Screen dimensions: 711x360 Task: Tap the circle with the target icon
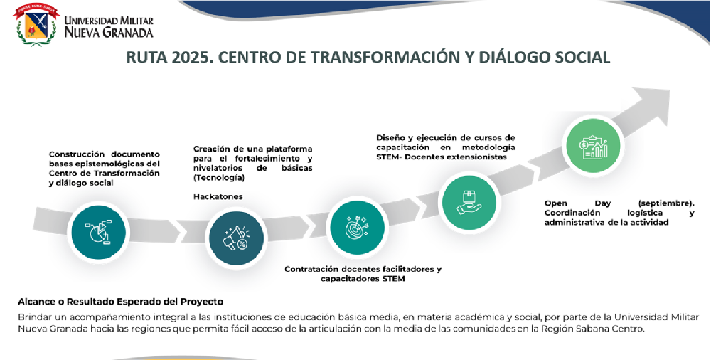[358, 226]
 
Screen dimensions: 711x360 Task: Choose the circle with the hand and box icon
[469, 202]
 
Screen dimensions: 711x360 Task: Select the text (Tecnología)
[218, 178]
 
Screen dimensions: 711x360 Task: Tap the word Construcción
[76, 154]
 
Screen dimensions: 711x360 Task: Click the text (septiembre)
[666, 203]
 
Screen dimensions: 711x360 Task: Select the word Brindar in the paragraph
[33, 317]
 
